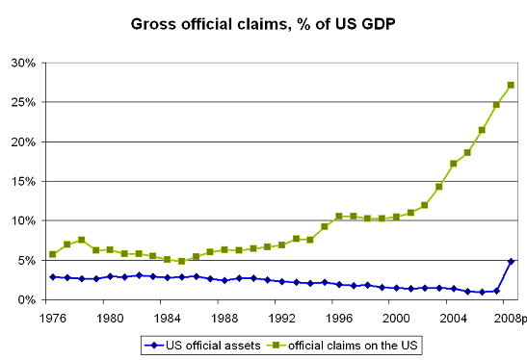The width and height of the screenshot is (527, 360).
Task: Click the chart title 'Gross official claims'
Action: [263, 22]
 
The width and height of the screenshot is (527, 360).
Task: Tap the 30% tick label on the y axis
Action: [24, 63]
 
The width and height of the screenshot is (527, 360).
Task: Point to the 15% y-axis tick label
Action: [24, 181]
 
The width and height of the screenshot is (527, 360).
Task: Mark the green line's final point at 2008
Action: [511, 85]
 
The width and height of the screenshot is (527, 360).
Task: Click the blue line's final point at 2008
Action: [511, 261]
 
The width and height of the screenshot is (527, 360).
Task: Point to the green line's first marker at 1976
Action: [52, 254]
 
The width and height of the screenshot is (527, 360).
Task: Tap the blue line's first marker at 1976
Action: [52, 276]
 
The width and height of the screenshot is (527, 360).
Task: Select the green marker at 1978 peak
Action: [81, 240]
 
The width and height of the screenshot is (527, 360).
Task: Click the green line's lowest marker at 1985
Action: [181, 261]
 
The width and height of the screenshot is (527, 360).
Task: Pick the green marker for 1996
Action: [338, 217]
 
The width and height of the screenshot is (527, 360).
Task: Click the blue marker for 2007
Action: [496, 291]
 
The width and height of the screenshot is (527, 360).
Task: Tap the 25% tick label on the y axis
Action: [24, 102]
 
